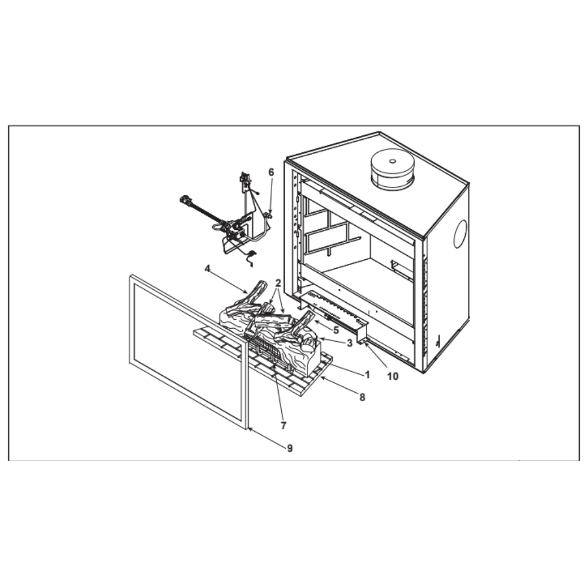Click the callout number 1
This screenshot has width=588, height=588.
point(367,374)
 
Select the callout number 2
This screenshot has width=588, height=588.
point(278,283)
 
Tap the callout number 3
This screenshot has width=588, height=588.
point(349,343)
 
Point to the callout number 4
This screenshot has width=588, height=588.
point(208,269)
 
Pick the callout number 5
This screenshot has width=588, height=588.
point(336,330)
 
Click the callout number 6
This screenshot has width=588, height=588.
point(271,172)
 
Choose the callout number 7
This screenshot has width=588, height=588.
point(283,425)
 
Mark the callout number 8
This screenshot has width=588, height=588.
point(362,397)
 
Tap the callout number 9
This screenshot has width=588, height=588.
point(290,448)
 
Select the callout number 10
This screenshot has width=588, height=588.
point(393,376)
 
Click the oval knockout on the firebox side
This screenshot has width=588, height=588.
point(460,234)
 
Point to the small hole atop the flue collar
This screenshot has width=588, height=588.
point(393,161)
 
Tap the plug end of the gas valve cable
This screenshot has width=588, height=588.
point(185,200)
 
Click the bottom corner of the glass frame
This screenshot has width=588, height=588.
point(247,429)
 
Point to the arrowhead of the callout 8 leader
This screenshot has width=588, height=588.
point(322,378)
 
